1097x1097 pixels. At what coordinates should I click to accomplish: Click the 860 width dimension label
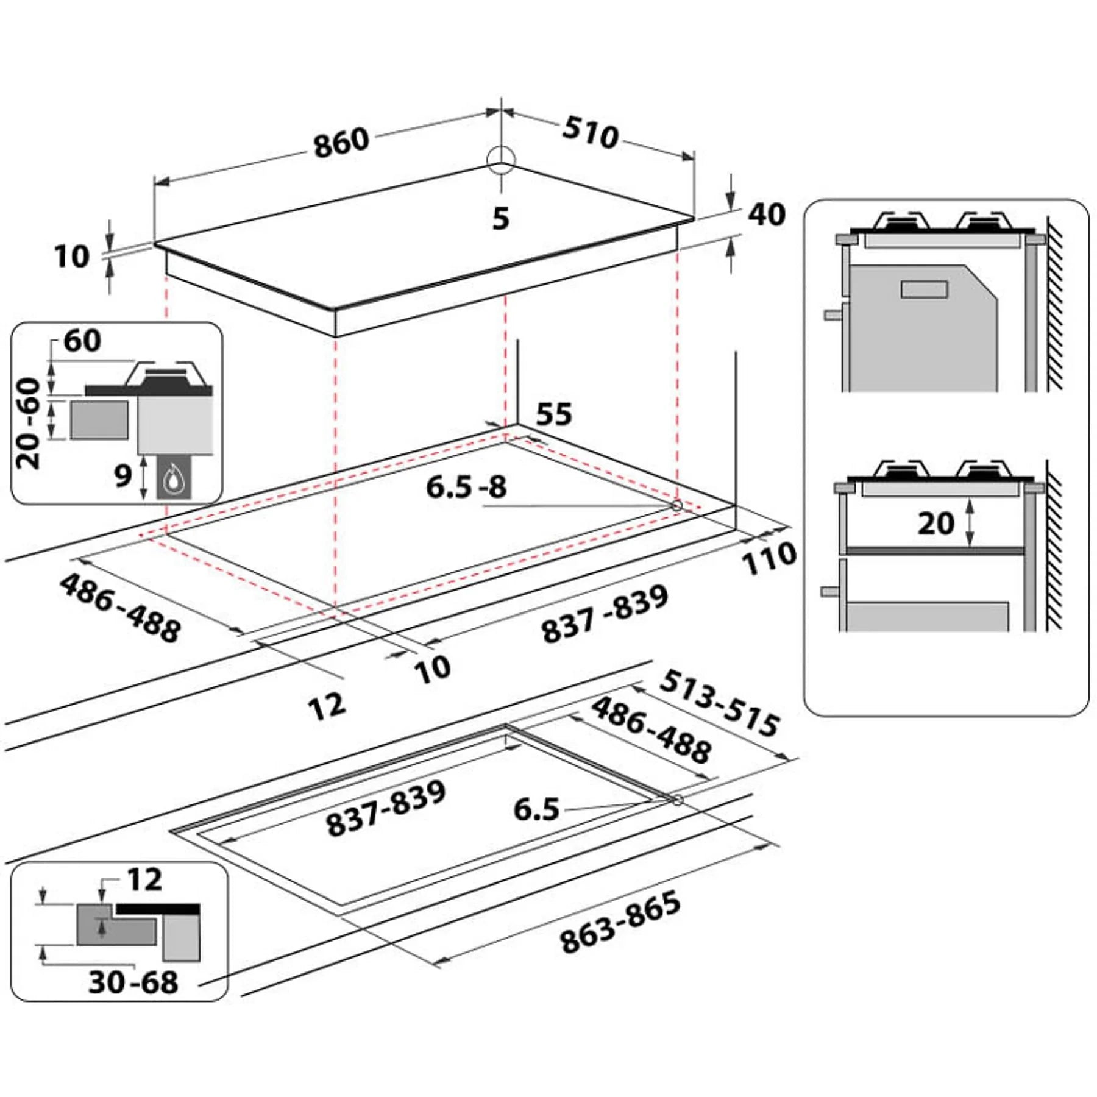pos(342,143)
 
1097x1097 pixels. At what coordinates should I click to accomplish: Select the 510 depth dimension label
pos(591,132)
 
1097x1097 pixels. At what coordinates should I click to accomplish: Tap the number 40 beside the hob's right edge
pos(767,215)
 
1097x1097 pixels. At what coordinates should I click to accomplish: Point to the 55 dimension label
pos(554,414)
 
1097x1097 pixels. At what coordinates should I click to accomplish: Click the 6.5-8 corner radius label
pos(466,487)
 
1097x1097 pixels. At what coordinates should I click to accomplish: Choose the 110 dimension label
pos(769,558)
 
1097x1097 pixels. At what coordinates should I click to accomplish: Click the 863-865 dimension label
pos(620,922)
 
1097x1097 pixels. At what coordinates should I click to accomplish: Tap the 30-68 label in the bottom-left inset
pos(133,982)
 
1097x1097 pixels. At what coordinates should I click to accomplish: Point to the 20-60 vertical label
pos(29,424)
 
